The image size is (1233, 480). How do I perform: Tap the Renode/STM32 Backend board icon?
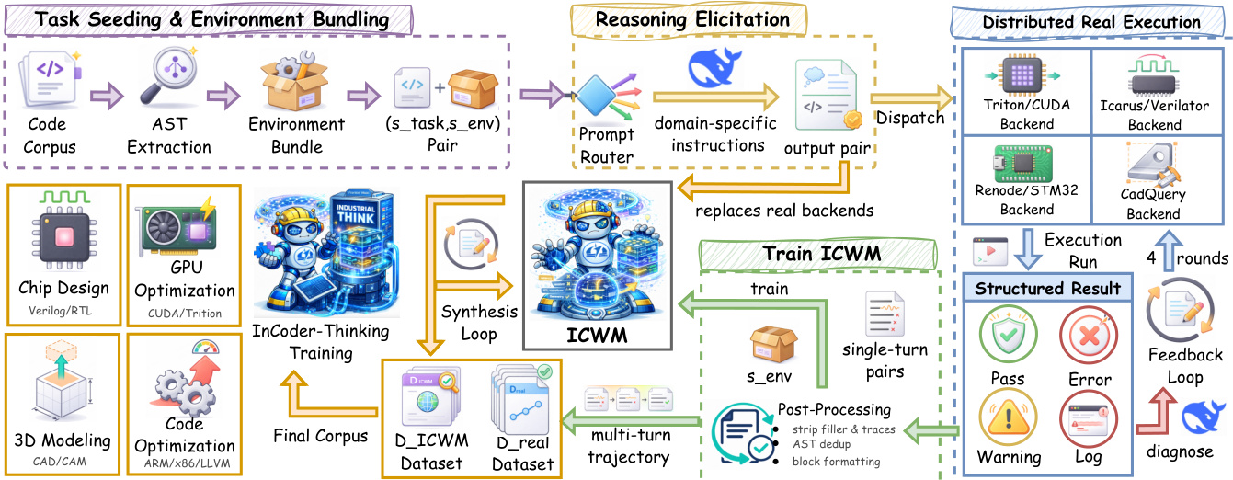(1025, 164)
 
